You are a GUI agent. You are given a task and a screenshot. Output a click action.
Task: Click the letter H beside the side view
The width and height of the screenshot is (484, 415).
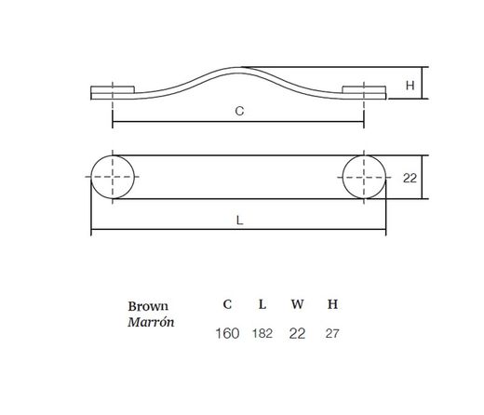[x=410, y=86]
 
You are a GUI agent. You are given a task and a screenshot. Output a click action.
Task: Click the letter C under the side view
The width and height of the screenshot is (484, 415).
[x=239, y=111]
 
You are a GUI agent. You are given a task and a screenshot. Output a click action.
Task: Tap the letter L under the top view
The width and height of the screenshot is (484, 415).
[x=239, y=221]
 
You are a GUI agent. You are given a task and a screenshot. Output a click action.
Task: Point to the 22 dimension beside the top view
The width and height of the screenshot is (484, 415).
[x=410, y=179]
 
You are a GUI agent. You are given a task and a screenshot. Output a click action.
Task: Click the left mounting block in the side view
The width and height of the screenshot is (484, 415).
[x=113, y=89]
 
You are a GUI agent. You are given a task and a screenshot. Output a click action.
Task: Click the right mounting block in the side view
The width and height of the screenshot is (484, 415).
[x=364, y=89]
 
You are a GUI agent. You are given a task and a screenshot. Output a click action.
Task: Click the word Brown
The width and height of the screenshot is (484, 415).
[x=148, y=306]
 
